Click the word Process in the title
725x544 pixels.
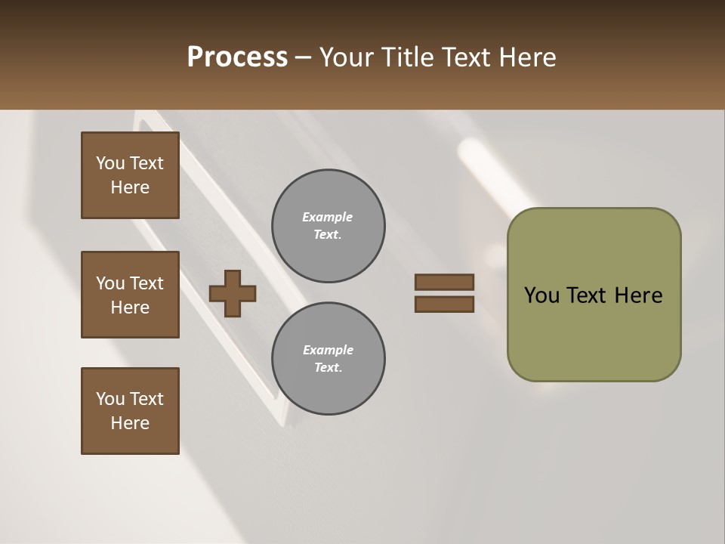(x=237, y=57)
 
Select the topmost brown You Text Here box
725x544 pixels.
(x=130, y=175)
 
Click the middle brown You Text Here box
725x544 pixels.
(x=130, y=295)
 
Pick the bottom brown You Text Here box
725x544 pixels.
(x=130, y=411)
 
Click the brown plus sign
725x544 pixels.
(x=233, y=293)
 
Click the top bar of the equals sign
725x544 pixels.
(x=444, y=282)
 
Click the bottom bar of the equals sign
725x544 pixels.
(x=444, y=304)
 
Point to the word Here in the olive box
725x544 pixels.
(x=638, y=295)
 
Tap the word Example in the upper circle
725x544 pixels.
(x=328, y=217)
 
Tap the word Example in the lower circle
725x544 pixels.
(x=328, y=350)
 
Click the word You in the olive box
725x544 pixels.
(x=542, y=295)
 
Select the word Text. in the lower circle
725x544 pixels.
(x=328, y=368)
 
